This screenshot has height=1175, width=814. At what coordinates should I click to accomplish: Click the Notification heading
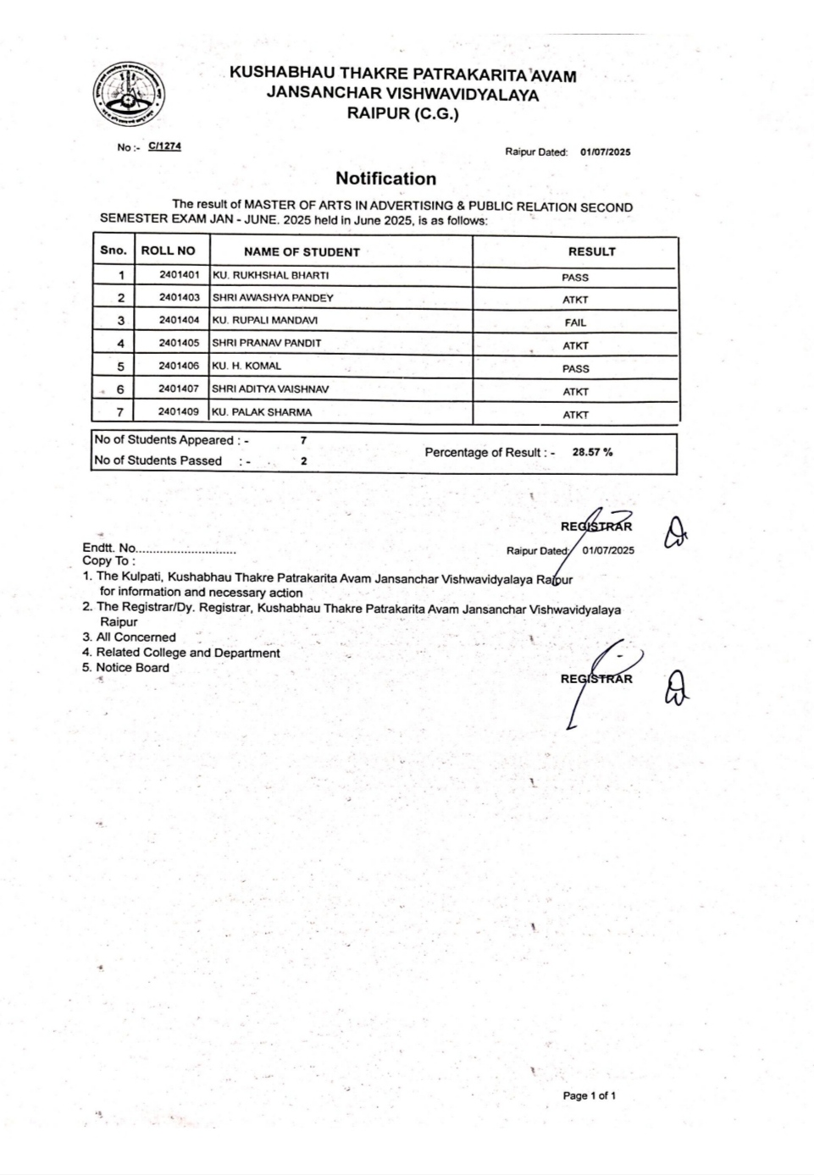pyautogui.click(x=385, y=179)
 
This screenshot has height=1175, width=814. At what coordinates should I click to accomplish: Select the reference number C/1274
pyautogui.click(x=164, y=146)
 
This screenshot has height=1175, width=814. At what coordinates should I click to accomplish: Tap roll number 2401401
pyautogui.click(x=179, y=275)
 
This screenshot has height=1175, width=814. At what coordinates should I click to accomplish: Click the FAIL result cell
pyautogui.click(x=575, y=323)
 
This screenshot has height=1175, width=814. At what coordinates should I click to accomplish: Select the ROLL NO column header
pyautogui.click(x=168, y=251)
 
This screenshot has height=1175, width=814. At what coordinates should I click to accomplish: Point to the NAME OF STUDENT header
pyautogui.click(x=302, y=251)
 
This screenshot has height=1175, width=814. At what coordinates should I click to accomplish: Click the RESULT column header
pyautogui.click(x=591, y=251)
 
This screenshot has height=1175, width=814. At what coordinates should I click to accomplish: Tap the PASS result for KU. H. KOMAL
pyautogui.click(x=575, y=369)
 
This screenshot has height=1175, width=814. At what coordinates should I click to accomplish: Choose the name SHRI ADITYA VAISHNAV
pyautogui.click(x=270, y=389)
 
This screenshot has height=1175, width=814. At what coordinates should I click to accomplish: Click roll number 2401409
pyautogui.click(x=179, y=412)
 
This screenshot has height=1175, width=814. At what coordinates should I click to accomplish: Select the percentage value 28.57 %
pyautogui.click(x=592, y=452)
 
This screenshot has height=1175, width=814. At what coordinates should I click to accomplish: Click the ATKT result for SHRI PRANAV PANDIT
pyautogui.click(x=575, y=346)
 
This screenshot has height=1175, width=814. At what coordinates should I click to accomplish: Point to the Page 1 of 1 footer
pyautogui.click(x=590, y=1095)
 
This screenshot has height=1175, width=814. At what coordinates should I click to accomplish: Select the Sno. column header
pyautogui.click(x=114, y=251)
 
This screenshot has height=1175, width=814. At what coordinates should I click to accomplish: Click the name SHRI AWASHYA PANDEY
pyautogui.click(x=273, y=298)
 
